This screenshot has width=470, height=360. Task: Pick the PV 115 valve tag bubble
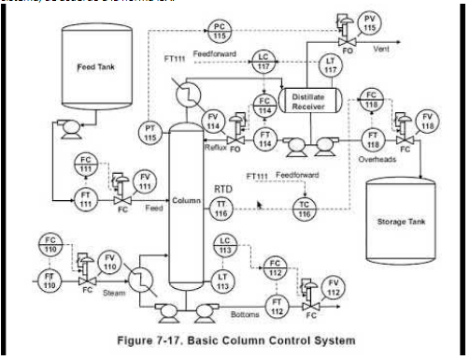(x=372, y=22)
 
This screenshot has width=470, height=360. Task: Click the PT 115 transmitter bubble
(x=151, y=132)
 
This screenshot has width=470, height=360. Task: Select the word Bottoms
(x=245, y=314)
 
